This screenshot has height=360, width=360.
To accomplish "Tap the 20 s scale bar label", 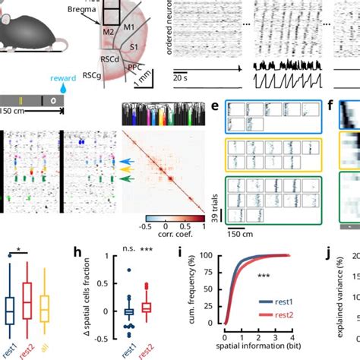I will [180, 77].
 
